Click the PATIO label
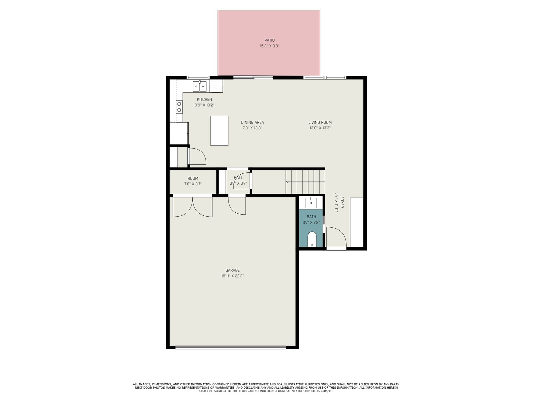pyautogui.click(x=269, y=40)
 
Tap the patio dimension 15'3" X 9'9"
pyautogui.click(x=269, y=46)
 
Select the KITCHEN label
pyautogui.click(x=204, y=99)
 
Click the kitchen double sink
pyautogui.click(x=199, y=86)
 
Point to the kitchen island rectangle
pyautogui.click(x=219, y=131)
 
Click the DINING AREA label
pyautogui.click(x=252, y=122)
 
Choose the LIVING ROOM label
pyautogui.click(x=320, y=122)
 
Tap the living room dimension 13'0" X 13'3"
pyautogui.click(x=320, y=128)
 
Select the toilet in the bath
pyautogui.click(x=312, y=239)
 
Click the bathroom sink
pyautogui.click(x=311, y=203)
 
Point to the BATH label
pyautogui.click(x=311, y=217)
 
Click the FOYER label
pyautogui.click(x=342, y=202)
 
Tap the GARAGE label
pyautogui.click(x=233, y=270)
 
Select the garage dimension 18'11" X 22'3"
pyautogui.click(x=233, y=276)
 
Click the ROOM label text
pyautogui.click(x=193, y=178)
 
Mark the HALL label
pyautogui.click(x=238, y=178)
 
